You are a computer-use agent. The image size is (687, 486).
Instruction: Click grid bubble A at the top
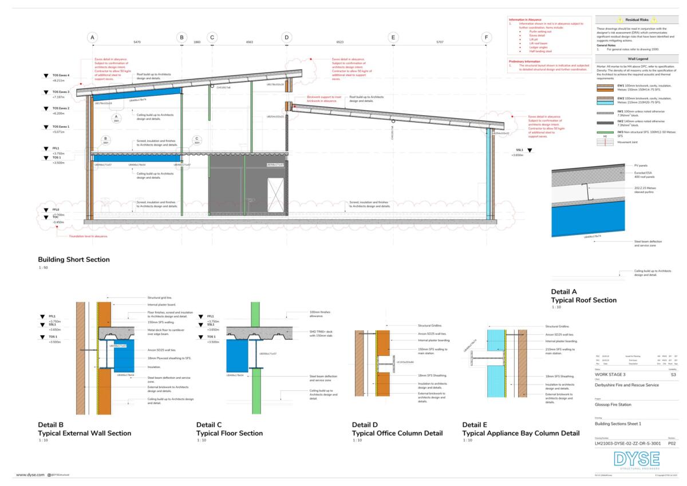pos(92,37)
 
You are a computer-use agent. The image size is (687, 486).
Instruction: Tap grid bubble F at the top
pos(487,37)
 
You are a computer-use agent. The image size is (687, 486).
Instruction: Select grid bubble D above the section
pos(286,37)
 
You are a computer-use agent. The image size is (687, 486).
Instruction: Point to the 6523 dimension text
pos(339,42)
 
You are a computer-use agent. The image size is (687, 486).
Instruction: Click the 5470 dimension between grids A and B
pos(137,42)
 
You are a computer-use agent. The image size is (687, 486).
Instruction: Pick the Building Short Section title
pos(74,260)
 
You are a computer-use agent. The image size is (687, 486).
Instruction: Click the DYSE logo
pos(636,460)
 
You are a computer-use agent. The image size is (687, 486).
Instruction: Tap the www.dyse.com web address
pos(27,475)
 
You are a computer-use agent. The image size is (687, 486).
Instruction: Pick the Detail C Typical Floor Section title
pos(230,429)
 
